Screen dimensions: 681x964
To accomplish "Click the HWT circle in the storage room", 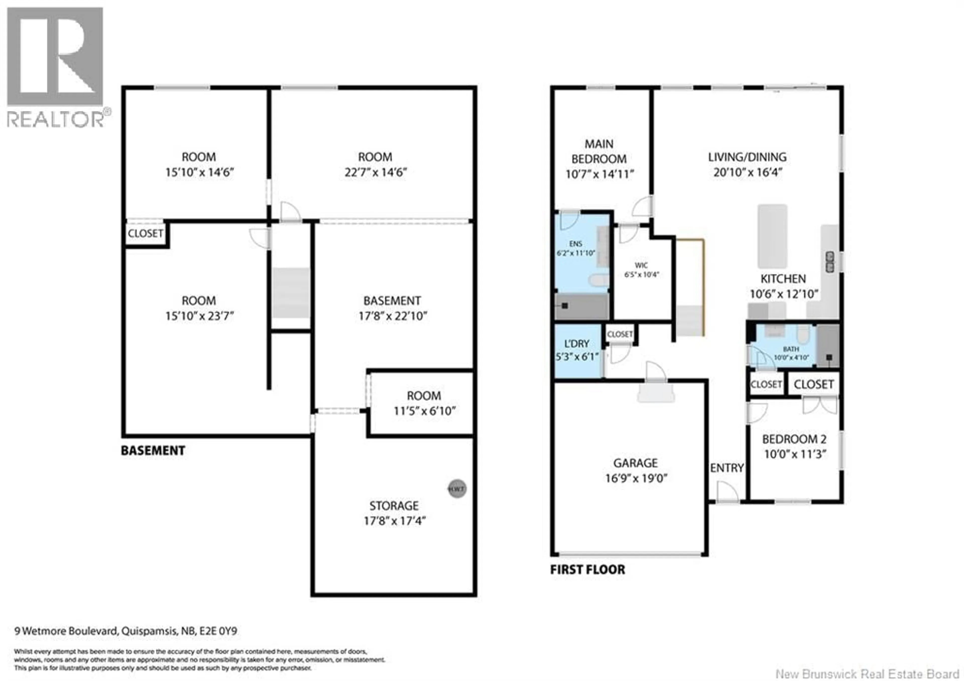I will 457,489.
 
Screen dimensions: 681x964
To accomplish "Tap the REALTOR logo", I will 56,67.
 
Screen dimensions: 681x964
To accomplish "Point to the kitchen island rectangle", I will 772,236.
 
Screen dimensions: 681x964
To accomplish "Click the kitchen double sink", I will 830,262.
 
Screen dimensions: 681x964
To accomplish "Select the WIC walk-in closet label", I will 641,266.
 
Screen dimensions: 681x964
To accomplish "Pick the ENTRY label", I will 727,467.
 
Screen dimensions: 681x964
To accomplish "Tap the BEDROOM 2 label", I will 794,439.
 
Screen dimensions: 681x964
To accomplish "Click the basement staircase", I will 291,293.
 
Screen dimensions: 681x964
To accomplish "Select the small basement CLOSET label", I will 145,234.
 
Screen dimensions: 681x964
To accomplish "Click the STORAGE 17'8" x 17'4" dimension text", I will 394,521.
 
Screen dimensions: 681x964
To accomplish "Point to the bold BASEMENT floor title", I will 153,451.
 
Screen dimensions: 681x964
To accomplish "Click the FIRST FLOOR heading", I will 587,570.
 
